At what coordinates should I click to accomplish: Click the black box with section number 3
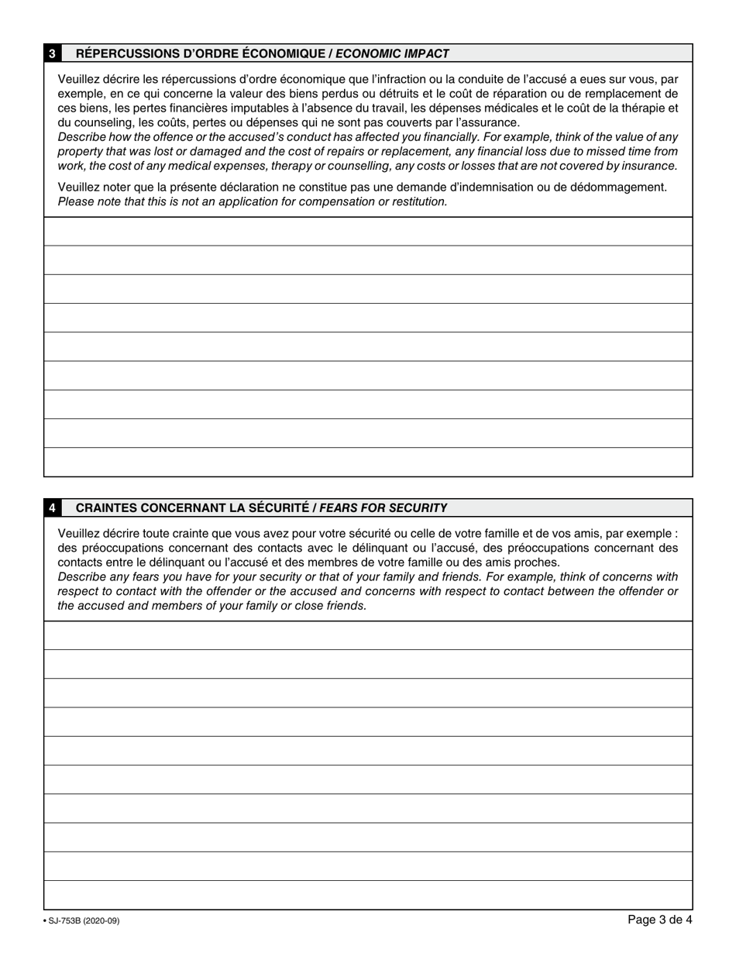click(52, 53)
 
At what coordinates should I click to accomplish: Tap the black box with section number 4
click(52, 508)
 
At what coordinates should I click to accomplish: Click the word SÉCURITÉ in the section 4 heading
click(275, 508)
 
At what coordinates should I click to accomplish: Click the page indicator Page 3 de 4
click(659, 920)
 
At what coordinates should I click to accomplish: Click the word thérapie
click(641, 108)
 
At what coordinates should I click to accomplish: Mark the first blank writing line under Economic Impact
click(368, 232)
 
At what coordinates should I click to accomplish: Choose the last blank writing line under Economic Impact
click(368, 462)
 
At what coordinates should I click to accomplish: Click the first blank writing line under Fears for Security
click(368, 635)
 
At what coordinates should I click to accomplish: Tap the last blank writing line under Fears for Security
click(368, 895)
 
